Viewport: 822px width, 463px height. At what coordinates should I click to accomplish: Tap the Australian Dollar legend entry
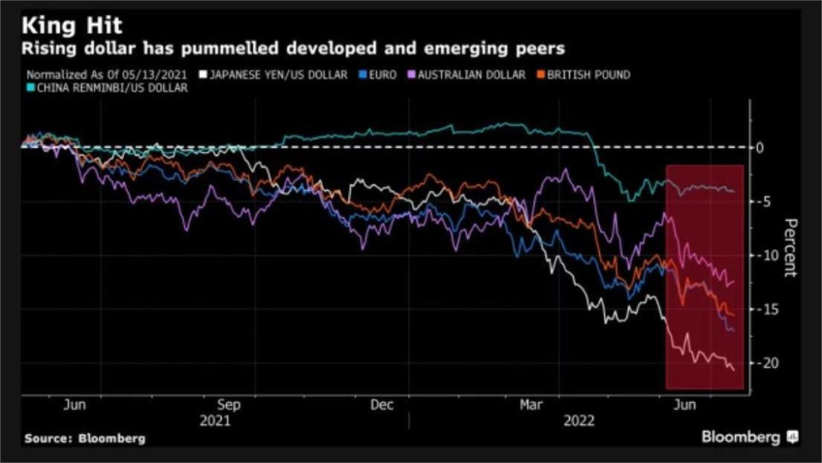coord(465,75)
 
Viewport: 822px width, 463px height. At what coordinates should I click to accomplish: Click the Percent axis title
coord(791,248)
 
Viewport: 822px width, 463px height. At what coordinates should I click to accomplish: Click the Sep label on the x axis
coord(229,405)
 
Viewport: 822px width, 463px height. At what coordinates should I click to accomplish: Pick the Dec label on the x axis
coord(382,405)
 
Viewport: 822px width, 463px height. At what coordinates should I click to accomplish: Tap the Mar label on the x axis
coord(531,405)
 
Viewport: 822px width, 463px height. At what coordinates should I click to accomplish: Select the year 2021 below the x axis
coord(215,420)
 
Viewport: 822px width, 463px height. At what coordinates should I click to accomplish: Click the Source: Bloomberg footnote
coord(84,439)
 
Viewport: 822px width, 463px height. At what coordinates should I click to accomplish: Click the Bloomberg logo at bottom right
coord(749,437)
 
